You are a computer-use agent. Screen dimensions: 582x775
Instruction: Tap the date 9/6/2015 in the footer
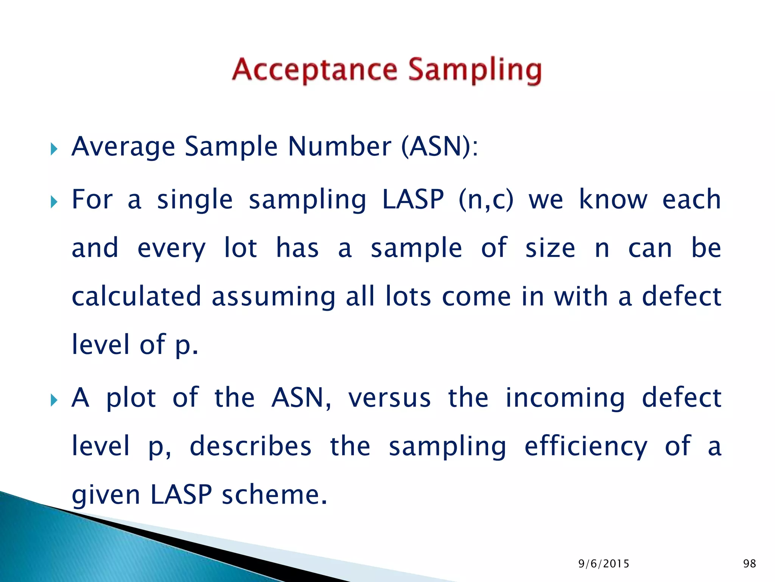click(x=604, y=564)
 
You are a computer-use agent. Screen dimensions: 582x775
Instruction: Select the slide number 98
click(x=749, y=563)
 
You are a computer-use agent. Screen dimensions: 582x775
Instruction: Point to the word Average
click(x=123, y=147)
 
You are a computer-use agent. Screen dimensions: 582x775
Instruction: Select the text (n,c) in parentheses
click(x=486, y=200)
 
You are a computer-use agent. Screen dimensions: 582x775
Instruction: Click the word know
click(x=613, y=200)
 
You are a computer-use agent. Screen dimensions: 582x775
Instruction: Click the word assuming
click(x=273, y=298)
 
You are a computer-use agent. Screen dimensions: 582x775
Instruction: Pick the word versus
click(x=389, y=398)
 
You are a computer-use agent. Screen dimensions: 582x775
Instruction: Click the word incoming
click(x=565, y=399)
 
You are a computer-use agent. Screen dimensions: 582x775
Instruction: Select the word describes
click(x=251, y=446)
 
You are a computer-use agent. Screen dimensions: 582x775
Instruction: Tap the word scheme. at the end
click(x=274, y=495)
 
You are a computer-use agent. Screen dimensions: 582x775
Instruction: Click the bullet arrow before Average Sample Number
click(x=54, y=149)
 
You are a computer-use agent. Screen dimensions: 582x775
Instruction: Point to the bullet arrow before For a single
click(x=54, y=202)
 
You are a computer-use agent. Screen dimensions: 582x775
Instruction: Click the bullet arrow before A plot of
click(x=54, y=400)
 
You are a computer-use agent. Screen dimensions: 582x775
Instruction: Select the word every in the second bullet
click(x=171, y=249)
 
